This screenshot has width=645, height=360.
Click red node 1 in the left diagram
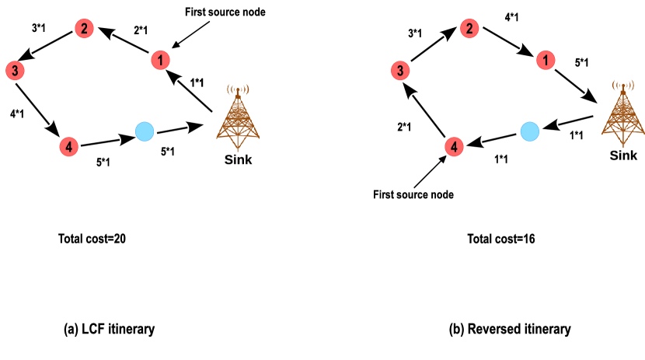pos(160,61)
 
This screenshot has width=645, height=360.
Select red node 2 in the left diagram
pos(84,29)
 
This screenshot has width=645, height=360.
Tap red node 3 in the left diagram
pos(15,71)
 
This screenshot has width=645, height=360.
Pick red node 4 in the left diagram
pos(68,146)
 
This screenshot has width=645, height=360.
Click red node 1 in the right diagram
pos(546,60)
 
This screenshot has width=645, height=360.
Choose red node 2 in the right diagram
pos(469,29)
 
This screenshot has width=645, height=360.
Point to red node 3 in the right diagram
pos(399,71)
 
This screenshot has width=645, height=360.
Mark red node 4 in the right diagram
pos(454,146)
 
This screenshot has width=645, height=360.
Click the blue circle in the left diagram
pos(145,131)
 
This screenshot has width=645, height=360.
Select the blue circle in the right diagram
pos(529,131)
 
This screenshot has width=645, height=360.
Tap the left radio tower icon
pos(238,118)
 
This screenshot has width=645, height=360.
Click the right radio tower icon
pos(622,114)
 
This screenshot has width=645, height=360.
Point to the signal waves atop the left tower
pos(238,89)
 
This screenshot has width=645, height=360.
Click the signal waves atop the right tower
pos(622,85)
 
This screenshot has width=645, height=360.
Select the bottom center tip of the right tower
pos(622,144)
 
